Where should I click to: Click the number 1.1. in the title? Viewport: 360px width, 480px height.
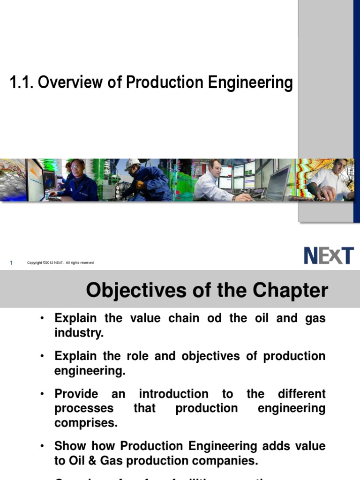[21, 83]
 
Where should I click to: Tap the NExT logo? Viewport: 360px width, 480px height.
[329, 256]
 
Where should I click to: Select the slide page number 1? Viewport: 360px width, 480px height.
[11, 263]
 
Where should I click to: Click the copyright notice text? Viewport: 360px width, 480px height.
[60, 263]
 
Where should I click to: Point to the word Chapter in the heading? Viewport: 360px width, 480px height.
[291, 291]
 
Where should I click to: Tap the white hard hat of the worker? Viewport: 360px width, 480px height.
[132, 165]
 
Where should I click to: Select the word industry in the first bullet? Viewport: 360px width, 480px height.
[78, 333]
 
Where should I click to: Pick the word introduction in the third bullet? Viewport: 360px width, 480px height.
[174, 394]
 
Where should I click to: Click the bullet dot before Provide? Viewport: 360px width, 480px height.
[42, 394]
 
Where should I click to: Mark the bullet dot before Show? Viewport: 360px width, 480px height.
[42, 446]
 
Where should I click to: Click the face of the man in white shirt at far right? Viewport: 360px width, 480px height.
[339, 167]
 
